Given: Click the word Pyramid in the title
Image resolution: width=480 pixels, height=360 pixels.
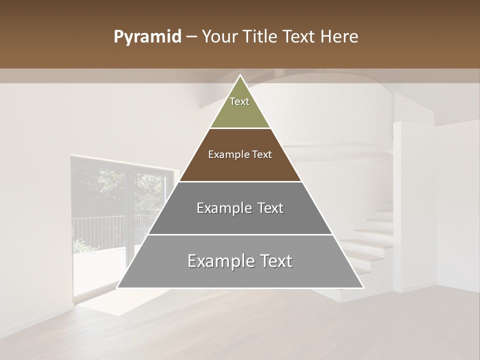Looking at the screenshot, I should click(147, 37).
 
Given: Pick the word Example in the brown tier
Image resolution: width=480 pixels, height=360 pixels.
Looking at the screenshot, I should click(227, 155).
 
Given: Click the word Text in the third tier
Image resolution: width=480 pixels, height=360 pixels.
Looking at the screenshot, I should click(270, 208).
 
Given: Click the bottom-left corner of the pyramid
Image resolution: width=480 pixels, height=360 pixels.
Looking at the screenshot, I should click(118, 287).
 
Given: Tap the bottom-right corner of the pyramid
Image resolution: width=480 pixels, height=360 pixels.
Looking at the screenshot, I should click(362, 287).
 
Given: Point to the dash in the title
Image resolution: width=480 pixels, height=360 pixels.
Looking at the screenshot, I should click(190, 37).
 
